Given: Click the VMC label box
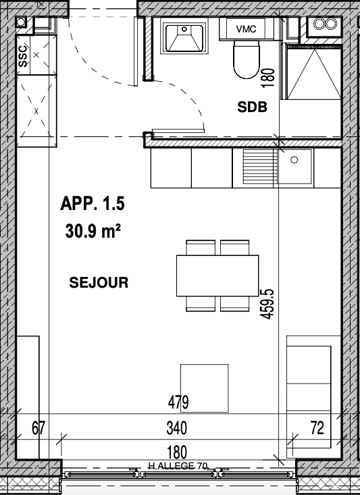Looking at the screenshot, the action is pyautogui.click(x=246, y=29).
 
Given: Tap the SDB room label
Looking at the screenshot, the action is pyautogui.click(x=252, y=107).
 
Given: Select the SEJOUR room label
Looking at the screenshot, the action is pyautogui.click(x=99, y=282).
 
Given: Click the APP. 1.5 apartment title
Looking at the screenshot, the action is pyautogui.click(x=93, y=203).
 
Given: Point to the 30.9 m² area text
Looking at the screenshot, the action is pyautogui.click(x=93, y=231).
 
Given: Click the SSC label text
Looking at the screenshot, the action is pyautogui.click(x=22, y=57).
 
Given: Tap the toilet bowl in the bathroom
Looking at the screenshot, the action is pyautogui.click(x=247, y=60).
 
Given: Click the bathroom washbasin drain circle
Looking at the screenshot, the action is pyautogui.click(x=184, y=29).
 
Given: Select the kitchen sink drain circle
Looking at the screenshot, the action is pyautogui.click(x=294, y=160).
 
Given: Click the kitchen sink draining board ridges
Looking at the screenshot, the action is pyautogui.click(x=259, y=167).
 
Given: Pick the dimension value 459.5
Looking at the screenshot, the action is pyautogui.click(x=267, y=305).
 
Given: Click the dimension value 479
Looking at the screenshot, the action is pyautogui.click(x=178, y=402).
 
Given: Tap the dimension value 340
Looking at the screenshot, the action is pyautogui.click(x=176, y=428).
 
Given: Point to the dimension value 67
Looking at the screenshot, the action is pyautogui.click(x=38, y=428).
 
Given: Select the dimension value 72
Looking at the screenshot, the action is pyautogui.click(x=317, y=427).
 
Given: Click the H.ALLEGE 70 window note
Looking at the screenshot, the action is pyautogui.click(x=178, y=466).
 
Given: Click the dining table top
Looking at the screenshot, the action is pyautogui.click(x=217, y=276).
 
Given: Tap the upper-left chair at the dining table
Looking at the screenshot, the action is pyautogui.click(x=201, y=247).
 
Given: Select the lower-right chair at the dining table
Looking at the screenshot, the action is pyautogui.click(x=234, y=304).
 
